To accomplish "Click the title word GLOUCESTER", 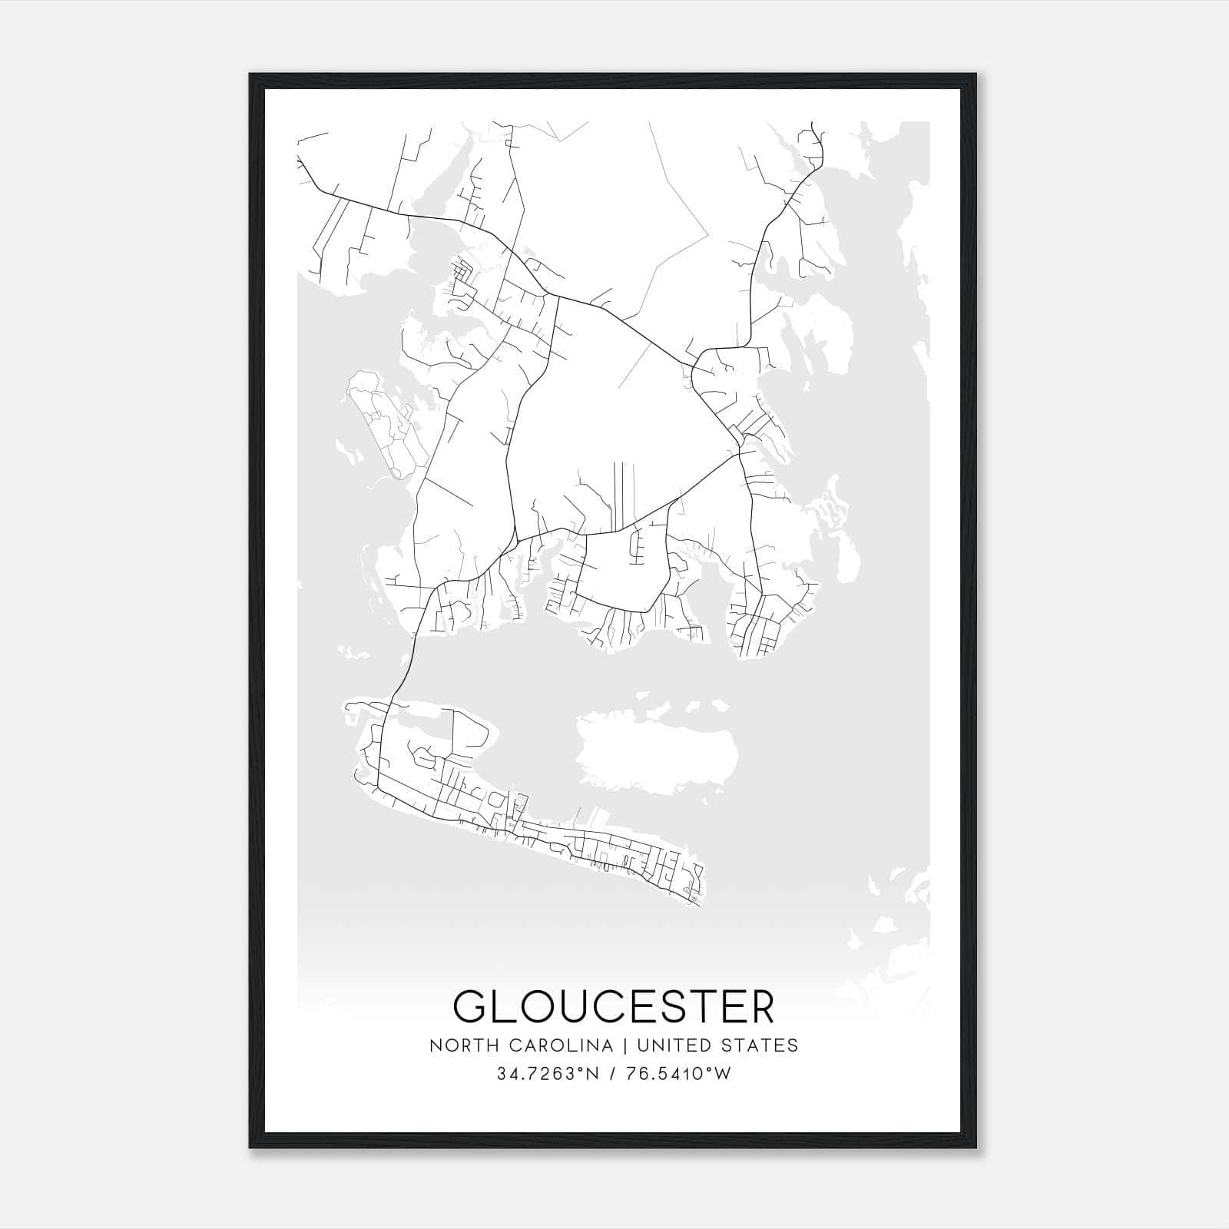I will [x=614, y=1006].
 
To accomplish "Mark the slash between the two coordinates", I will [x=611, y=1073].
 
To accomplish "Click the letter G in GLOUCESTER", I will [x=472, y=1006].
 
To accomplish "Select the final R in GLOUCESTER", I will [x=760, y=1006].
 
